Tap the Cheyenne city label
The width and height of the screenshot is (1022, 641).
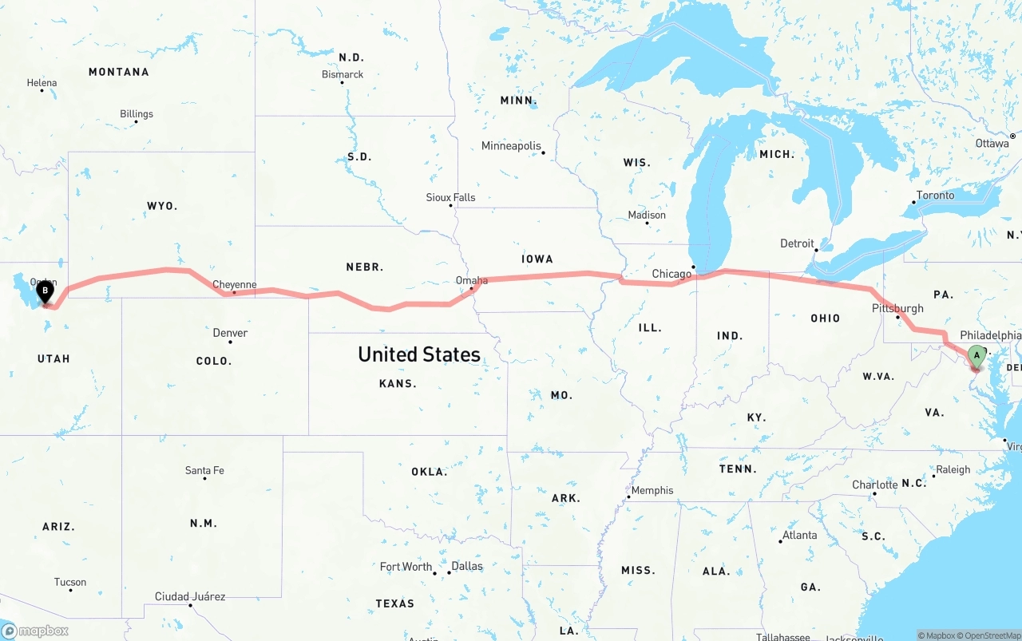point(235,284)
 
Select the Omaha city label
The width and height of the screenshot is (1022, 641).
point(471,280)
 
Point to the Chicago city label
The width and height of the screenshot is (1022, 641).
point(671,274)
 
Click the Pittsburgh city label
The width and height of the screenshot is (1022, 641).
point(897,308)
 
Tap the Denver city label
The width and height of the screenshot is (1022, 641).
point(230,333)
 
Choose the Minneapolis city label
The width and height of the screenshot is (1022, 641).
point(511,146)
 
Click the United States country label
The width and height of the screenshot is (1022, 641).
point(419,354)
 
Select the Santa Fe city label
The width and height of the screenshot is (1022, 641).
point(204,470)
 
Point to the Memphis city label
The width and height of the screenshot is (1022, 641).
point(652,490)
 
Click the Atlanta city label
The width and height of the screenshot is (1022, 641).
point(799,535)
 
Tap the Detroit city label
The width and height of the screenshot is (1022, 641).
point(797,243)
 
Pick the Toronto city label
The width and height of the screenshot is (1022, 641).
point(935,195)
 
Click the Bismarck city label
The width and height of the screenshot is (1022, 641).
point(343,74)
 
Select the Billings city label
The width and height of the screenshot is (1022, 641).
point(137,114)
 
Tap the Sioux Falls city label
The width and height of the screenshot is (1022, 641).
point(450,197)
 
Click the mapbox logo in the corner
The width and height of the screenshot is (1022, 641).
point(35,631)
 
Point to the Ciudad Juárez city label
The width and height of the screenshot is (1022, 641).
point(190,596)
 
